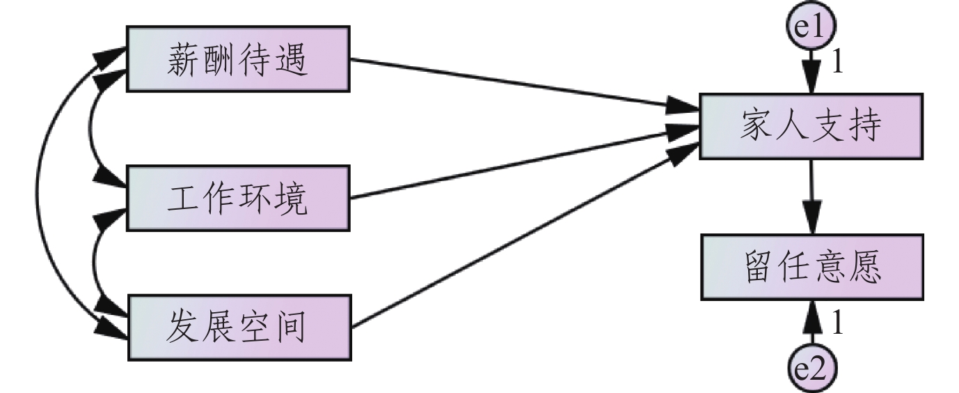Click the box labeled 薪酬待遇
pos(237,59)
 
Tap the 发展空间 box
pos(237,327)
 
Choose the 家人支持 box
pos(811,126)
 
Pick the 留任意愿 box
pos(811,268)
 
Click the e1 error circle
pos(811,26)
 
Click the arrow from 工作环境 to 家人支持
pos(522,164)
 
